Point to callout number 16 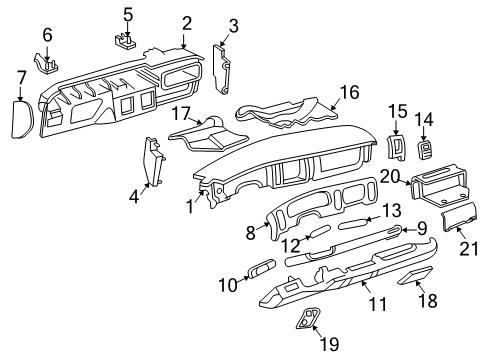click(348, 92)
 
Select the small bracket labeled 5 click(127, 41)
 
